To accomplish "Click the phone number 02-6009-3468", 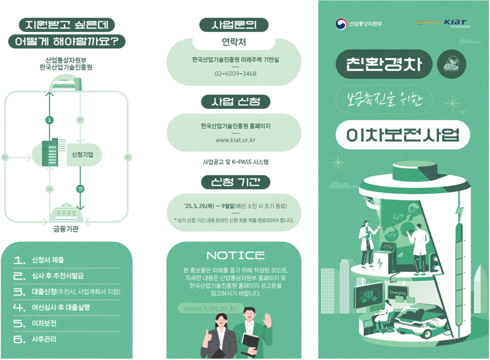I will (236, 73).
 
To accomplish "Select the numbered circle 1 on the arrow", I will (50, 120).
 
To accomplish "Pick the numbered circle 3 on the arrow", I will (80, 188).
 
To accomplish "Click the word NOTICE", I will (235, 256).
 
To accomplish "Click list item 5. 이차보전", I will (44, 323).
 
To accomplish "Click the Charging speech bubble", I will (397, 293).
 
